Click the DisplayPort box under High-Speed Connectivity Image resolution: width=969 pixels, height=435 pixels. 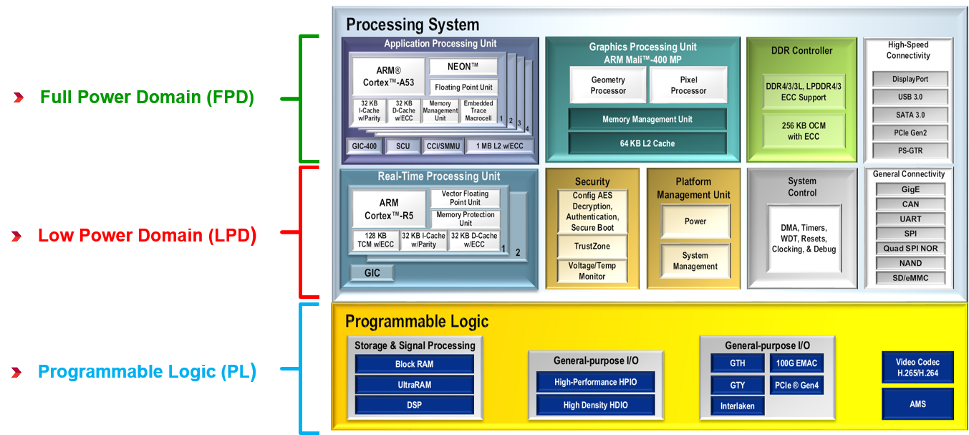tap(910, 79)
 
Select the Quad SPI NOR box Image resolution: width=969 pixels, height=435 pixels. tap(910, 248)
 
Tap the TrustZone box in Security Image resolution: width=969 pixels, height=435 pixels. tap(592, 246)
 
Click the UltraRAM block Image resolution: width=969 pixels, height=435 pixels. tap(414, 385)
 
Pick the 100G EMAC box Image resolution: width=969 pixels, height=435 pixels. tap(796, 363)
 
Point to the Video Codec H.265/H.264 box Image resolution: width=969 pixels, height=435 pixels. tap(917, 367)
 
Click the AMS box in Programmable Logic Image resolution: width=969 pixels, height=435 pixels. tap(917, 404)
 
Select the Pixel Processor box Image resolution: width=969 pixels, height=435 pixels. tap(688, 85)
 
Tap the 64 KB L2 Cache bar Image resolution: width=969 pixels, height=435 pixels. tap(647, 143)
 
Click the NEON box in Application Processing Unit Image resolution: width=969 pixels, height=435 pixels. tap(463, 67)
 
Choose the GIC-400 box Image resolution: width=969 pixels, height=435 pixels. tap(364, 146)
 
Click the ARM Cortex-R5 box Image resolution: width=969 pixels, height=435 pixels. tap(389, 209)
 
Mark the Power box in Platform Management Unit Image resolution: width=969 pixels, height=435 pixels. tap(695, 221)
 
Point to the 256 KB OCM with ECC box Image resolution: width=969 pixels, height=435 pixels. tap(803, 130)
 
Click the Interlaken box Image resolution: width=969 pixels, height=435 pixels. tap(737, 406)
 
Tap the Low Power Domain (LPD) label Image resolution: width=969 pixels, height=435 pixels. tap(147, 235)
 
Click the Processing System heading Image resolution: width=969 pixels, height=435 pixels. tap(413, 25)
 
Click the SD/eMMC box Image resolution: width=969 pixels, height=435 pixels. tap(910, 278)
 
